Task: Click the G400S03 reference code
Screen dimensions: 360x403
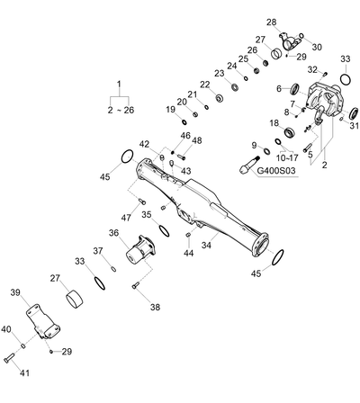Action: click(x=276, y=171)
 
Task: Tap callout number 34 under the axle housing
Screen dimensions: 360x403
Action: click(x=206, y=246)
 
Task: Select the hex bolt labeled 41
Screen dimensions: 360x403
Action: click(x=9, y=358)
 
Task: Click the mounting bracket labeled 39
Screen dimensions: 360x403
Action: click(x=42, y=322)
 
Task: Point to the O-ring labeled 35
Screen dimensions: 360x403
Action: click(x=164, y=231)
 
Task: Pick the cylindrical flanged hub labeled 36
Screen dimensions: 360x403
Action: click(x=139, y=249)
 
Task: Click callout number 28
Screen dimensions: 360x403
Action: click(x=272, y=22)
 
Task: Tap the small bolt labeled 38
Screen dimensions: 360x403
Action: click(x=136, y=286)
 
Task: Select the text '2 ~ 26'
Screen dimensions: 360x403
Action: click(x=121, y=111)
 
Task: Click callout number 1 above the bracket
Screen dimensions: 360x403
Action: click(x=119, y=84)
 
